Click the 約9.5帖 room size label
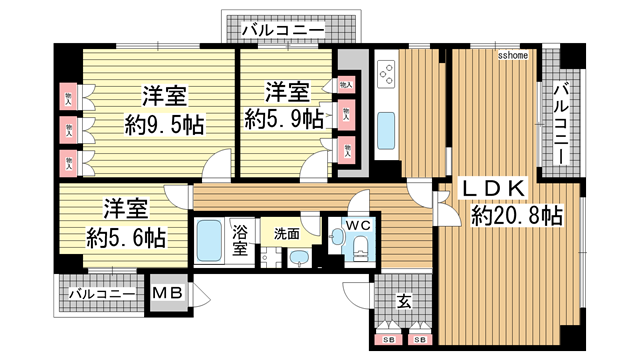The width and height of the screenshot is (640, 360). click(x=164, y=124)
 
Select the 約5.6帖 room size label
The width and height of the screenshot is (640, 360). click(x=125, y=238)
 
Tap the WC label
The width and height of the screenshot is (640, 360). click(x=358, y=226)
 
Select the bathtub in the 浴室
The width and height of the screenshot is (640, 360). click(x=208, y=241)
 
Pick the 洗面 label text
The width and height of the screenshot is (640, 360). click(x=287, y=233)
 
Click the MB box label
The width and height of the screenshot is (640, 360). click(x=166, y=294)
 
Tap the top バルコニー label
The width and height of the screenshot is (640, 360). click(x=283, y=31)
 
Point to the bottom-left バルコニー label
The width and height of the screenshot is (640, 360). click(x=102, y=294)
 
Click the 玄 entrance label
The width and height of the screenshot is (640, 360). click(x=403, y=300)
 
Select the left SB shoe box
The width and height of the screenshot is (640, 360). click(x=387, y=340)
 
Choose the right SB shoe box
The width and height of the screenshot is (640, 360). click(x=420, y=340)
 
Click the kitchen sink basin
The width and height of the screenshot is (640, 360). click(x=387, y=131)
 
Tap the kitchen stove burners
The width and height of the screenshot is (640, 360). click(x=385, y=72)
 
